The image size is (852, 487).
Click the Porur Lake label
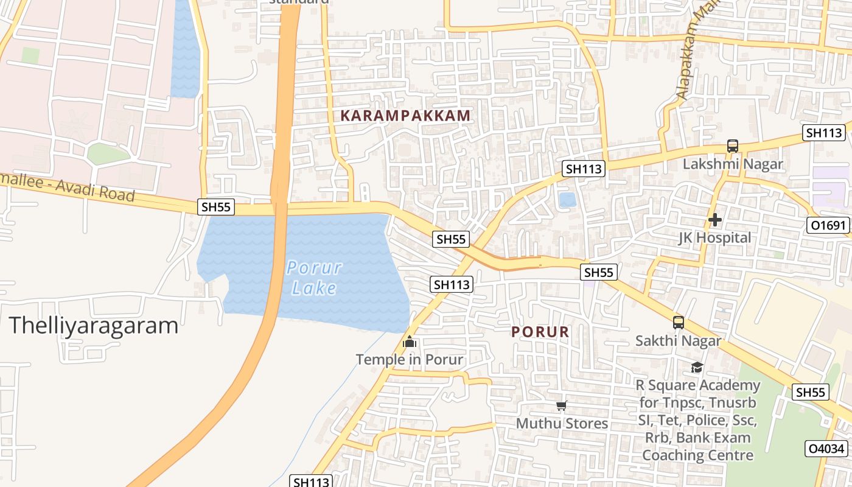[314, 277]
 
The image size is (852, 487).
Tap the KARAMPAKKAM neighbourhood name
[405, 116]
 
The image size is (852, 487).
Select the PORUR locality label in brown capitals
[540, 332]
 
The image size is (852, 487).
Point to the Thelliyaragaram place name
[94, 326]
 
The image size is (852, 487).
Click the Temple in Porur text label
[410, 359]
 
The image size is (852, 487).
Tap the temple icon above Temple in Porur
[410, 342]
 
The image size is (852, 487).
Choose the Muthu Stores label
[562, 423]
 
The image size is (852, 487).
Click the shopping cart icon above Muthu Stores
[561, 406]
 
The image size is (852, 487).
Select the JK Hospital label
[714, 237]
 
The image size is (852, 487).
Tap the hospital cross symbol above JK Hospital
[715, 219]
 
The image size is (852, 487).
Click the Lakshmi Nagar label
[732, 164]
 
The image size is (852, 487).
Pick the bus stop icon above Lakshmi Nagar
[733, 146]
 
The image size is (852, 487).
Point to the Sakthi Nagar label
[678, 341]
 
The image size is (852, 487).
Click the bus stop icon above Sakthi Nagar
[679, 323]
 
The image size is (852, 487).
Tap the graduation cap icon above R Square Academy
[697, 367]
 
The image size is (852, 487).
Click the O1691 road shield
[828, 225]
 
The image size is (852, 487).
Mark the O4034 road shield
[826, 449]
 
